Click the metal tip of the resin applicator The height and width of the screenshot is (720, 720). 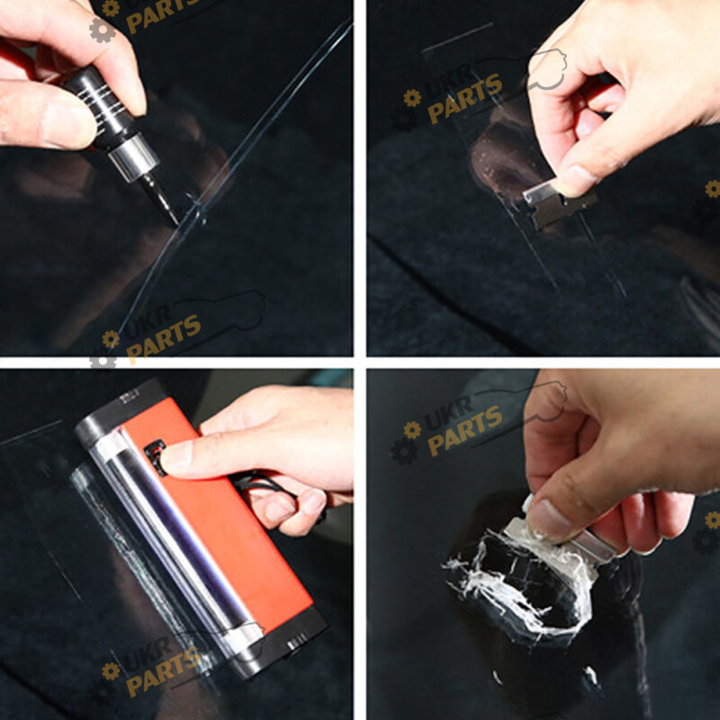click(160, 200)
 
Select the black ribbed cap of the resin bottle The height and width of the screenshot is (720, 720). click(100, 109)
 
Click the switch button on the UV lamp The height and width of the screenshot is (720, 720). click(155, 454)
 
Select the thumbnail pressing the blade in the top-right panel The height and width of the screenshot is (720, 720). click(576, 180)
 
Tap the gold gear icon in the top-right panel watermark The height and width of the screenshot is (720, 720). click(412, 97)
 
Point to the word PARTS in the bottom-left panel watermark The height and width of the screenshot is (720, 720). click(163, 671)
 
